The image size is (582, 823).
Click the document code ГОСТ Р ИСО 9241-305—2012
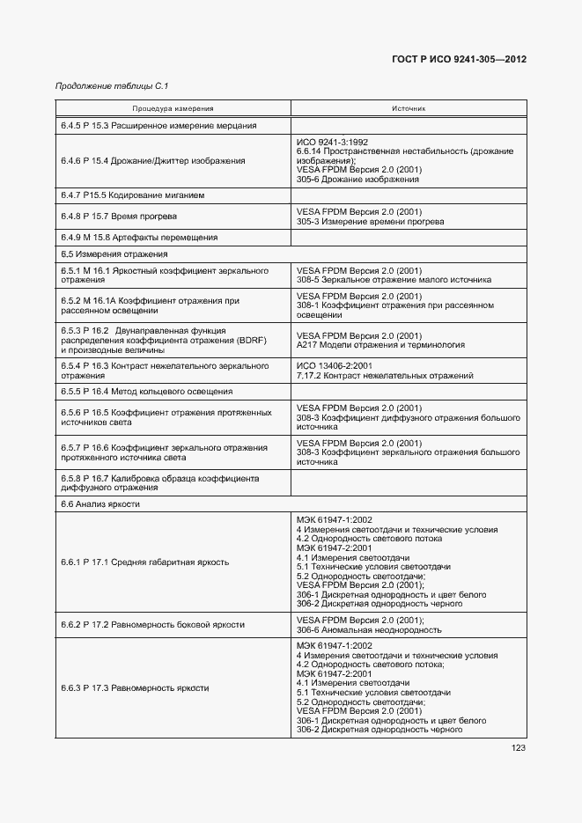pos(459,60)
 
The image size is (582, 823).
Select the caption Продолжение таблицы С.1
pos(112,86)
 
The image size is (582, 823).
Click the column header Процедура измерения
pos(173,109)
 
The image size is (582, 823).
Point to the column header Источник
pos(409,109)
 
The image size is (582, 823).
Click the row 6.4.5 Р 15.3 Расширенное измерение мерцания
pos(158,126)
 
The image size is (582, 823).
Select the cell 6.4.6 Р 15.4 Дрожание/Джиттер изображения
pos(152,160)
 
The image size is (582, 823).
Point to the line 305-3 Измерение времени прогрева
pos(370,221)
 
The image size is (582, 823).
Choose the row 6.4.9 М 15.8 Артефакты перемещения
pos(139,237)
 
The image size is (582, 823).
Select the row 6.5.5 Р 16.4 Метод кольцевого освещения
pos(146,392)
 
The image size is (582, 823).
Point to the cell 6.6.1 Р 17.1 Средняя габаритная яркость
pos(144,562)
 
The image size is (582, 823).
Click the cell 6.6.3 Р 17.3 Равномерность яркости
pos(135,687)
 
